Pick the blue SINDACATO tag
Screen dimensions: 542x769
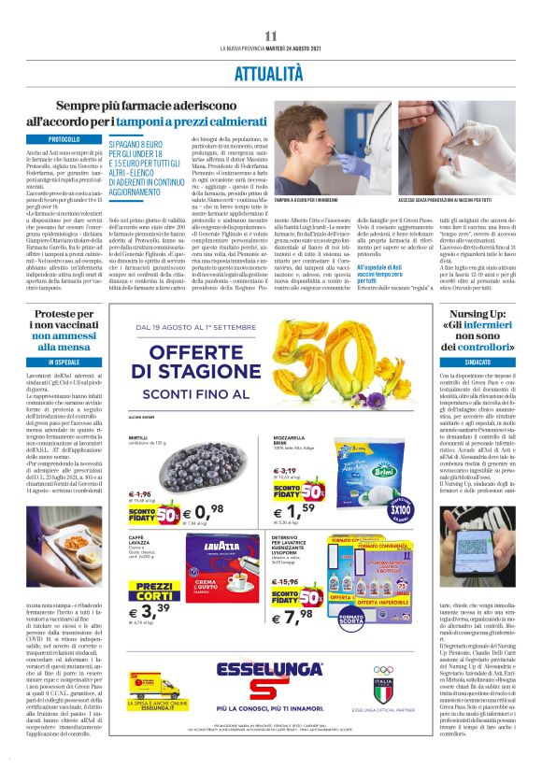490,361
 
